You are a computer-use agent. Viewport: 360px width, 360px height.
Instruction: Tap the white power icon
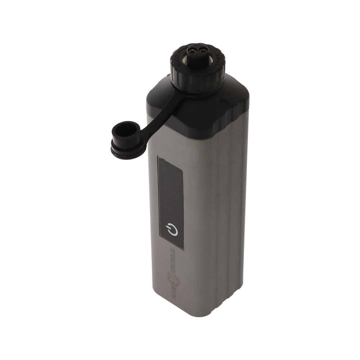pos(172,229)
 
